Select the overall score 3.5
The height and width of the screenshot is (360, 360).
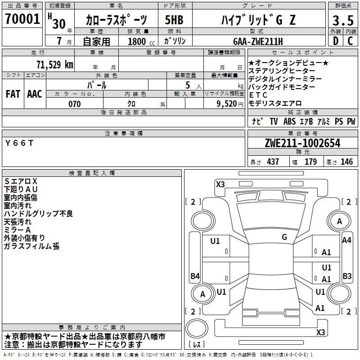point(342,21)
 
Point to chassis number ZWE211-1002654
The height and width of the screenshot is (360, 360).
point(302,144)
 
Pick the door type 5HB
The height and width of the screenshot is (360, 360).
point(174,21)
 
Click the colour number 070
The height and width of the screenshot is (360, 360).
point(74,104)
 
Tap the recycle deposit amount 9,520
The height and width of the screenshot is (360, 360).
point(224,104)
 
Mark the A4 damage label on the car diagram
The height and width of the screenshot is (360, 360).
point(346,240)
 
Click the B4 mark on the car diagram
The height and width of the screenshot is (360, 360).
point(195,276)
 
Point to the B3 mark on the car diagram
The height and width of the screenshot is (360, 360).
point(347,276)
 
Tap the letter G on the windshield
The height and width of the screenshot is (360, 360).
point(284,237)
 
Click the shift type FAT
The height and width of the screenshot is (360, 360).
point(13,94)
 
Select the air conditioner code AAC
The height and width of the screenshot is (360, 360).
point(35,94)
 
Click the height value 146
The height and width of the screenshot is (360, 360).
point(346,162)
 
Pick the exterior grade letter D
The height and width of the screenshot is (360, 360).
point(335,41)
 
